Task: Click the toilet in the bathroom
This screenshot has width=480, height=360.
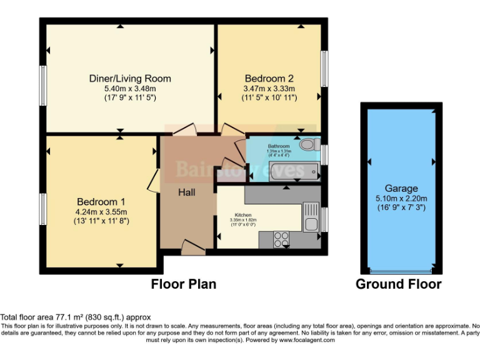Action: [307, 144]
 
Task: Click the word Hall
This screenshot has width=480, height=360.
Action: [186, 192]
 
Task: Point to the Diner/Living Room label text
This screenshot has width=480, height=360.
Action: [129, 79]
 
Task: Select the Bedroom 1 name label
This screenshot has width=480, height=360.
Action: [101, 202]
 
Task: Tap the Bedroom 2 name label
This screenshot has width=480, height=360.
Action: [269, 79]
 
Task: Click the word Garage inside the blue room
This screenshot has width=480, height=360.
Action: [401, 188]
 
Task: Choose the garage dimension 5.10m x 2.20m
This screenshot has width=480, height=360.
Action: [401, 198]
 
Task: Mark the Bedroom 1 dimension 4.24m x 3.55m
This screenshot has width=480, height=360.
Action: [101, 211]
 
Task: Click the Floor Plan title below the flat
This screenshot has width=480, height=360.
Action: [184, 284]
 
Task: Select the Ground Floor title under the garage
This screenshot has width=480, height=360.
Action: [398, 284]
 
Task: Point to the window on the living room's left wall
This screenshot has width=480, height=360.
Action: [43, 80]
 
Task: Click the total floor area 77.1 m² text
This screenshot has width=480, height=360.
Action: [75, 317]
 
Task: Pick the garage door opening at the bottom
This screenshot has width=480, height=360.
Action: [401, 271]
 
